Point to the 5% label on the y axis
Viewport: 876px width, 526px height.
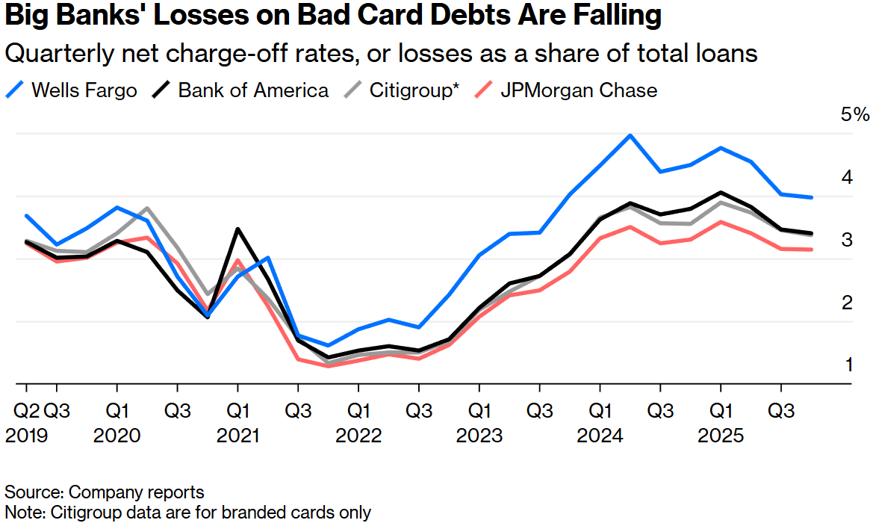point(855,115)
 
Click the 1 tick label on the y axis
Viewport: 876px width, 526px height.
point(849,365)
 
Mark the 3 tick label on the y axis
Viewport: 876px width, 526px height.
point(849,240)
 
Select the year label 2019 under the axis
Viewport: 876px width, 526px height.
point(26,436)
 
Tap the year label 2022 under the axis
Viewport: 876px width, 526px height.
point(358,436)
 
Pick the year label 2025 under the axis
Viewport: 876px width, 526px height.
point(721,436)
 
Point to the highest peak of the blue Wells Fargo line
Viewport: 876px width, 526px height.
point(630,135)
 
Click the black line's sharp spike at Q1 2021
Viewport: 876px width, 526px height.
point(237,229)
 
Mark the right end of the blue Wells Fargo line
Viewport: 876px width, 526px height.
point(812,197)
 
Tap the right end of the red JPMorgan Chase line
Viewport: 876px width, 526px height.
point(812,250)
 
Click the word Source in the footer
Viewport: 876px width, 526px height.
point(34,492)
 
